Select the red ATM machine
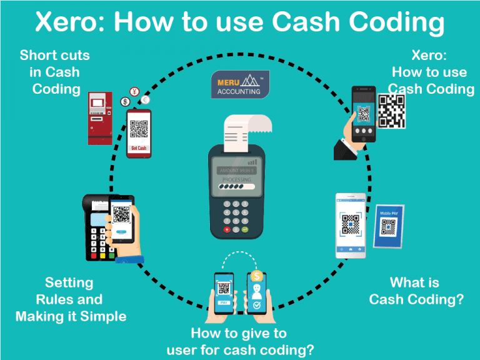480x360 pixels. (100, 118)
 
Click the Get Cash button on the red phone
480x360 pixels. (139, 148)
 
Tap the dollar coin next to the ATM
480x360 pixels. (125, 101)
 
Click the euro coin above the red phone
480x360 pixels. (146, 99)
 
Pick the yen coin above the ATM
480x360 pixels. (134, 91)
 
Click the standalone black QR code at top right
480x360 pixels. (391, 111)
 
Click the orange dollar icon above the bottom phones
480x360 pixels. (256, 276)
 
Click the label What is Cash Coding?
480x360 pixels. (416, 291)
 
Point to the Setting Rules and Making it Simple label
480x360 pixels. (71, 299)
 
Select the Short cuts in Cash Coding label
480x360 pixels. (55, 72)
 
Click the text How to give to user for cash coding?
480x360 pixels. (239, 341)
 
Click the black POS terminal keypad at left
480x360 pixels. (97, 241)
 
